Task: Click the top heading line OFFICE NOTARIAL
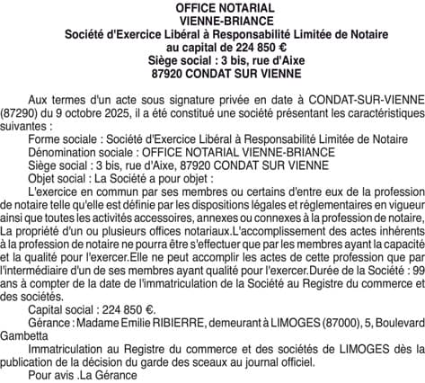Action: pos(213,7)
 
